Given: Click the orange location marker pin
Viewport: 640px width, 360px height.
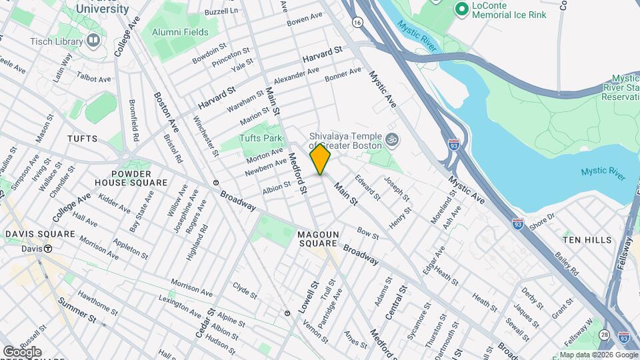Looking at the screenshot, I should (320, 159).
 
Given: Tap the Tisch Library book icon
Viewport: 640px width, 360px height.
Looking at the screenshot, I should (93, 41).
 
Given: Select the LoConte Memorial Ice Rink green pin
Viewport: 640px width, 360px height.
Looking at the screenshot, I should (461, 9).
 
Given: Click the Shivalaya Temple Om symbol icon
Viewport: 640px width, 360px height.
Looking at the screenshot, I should (392, 141).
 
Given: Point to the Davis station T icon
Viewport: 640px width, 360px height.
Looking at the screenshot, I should (48, 248).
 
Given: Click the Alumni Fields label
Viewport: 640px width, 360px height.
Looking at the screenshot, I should (180, 32).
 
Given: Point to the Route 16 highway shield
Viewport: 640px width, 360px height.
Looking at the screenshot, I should (358, 22).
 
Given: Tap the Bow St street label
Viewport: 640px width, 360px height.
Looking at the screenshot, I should (367, 233).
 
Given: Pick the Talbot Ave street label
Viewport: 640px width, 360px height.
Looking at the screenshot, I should (93, 77).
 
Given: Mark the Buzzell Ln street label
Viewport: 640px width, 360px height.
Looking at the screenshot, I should (221, 12).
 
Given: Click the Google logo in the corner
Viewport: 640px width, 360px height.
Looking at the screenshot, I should (22, 351).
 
